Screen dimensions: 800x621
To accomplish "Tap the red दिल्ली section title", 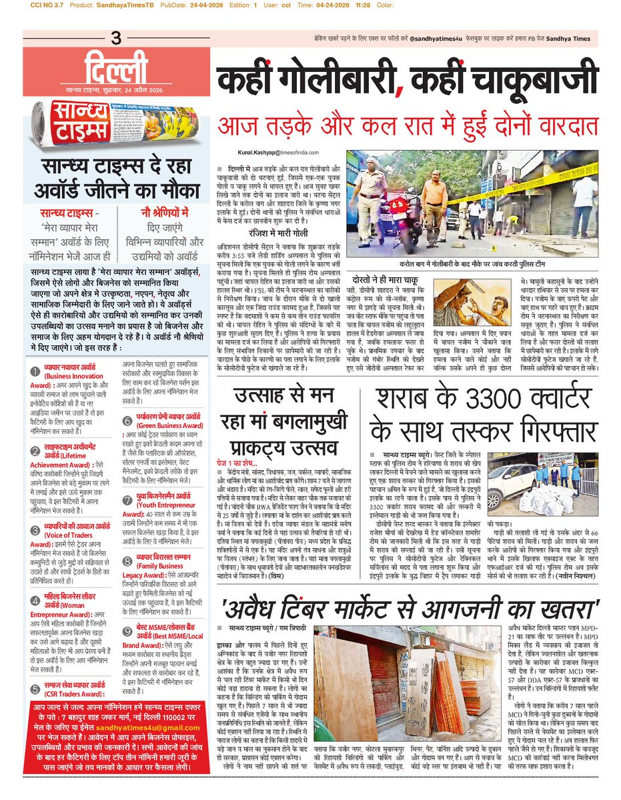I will pos(117,69).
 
